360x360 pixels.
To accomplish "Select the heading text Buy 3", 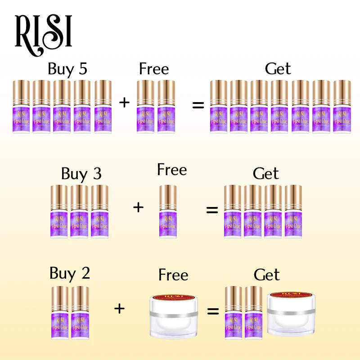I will (81, 173).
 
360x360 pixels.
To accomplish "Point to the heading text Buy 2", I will (70, 273).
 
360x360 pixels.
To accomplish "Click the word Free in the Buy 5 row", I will (154, 69).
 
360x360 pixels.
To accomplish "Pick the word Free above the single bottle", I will (172, 170).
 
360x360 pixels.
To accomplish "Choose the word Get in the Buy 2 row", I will (266, 274).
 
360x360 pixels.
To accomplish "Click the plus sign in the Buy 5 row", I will (124, 102).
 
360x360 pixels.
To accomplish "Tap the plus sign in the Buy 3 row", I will (138, 207).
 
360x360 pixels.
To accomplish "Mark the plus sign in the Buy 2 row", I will (119, 309).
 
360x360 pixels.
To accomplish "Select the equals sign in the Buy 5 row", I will (198, 106).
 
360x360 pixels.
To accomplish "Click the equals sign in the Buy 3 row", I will (211, 210).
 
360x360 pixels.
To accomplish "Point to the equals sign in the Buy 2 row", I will (213, 311).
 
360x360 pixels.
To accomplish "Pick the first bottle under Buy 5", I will (21, 107).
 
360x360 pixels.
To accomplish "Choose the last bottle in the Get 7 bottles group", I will (342, 107).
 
